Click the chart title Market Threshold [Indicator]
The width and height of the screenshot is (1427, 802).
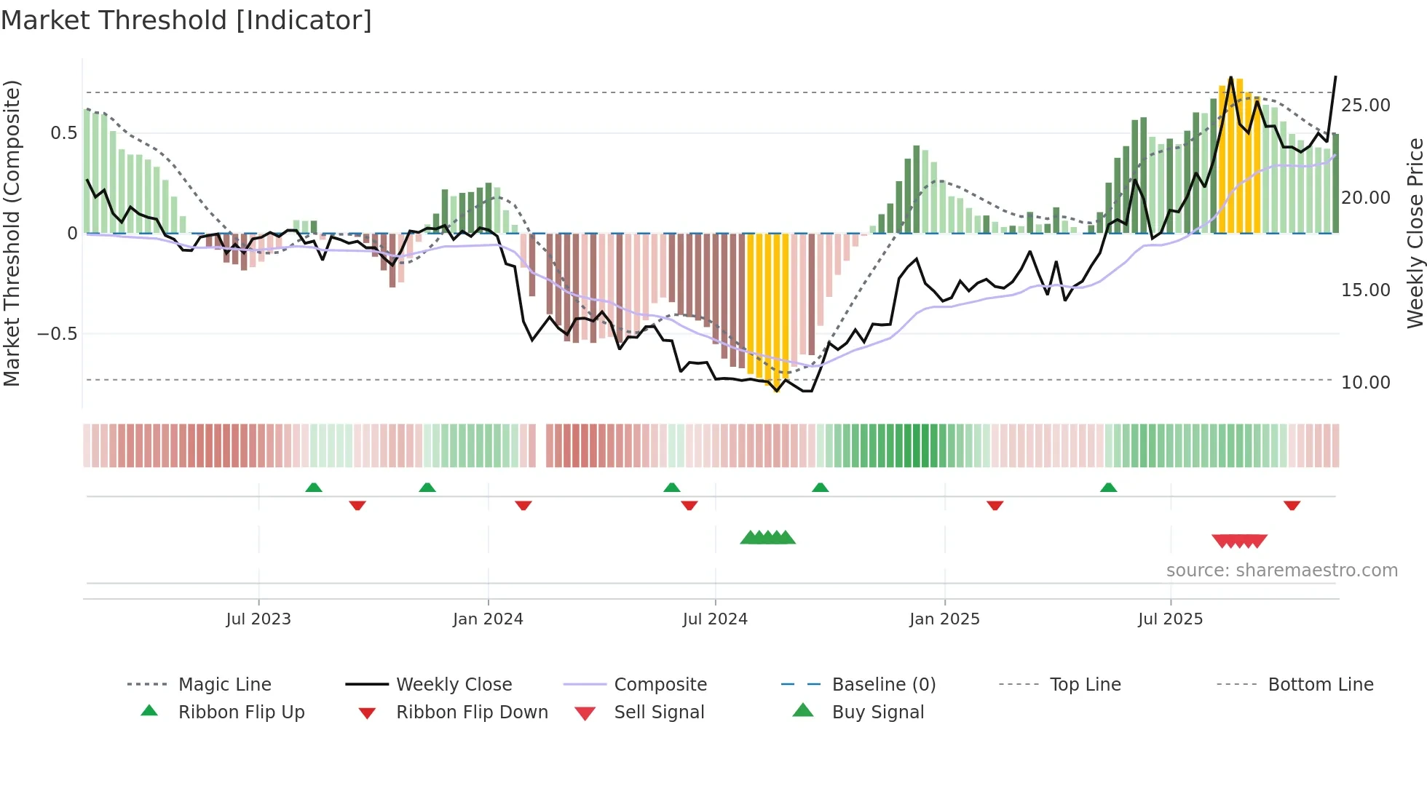click(186, 20)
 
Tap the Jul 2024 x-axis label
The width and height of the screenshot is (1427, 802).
click(715, 619)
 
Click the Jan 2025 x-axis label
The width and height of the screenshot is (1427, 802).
click(944, 619)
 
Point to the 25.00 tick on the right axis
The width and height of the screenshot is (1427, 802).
click(1366, 106)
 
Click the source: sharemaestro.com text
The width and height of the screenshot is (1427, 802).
click(1281, 571)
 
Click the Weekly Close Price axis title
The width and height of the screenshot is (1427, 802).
click(1415, 233)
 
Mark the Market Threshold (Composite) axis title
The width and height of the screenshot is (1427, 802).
click(12, 233)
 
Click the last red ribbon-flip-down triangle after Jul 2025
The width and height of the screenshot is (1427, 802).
click(1292, 505)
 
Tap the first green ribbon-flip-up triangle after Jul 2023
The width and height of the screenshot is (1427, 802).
click(314, 488)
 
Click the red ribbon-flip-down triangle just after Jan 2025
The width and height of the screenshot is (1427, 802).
click(995, 505)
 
